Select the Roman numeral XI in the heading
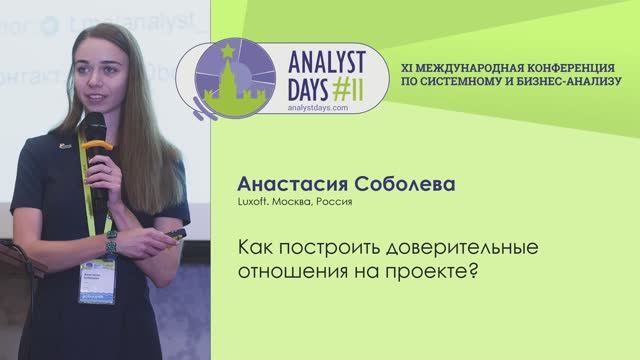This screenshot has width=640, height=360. pos(406,62)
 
